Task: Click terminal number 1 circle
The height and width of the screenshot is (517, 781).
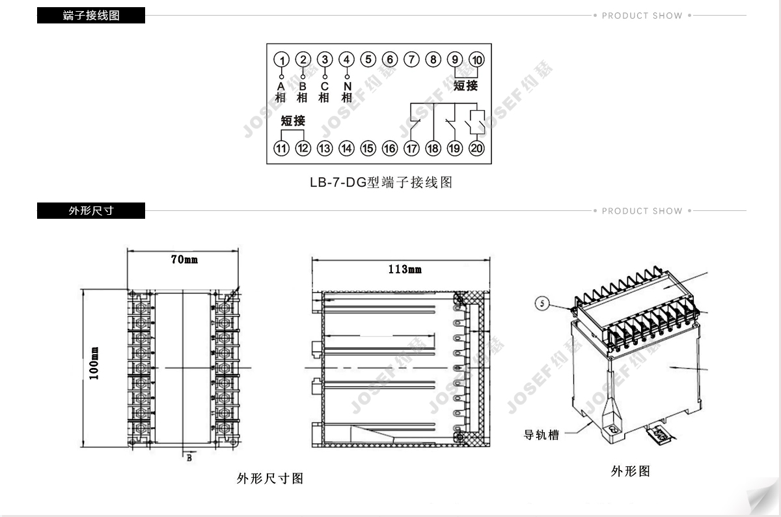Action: (x=282, y=60)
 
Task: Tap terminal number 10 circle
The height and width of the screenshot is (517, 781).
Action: (x=477, y=60)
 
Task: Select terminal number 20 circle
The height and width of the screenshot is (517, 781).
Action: (x=477, y=148)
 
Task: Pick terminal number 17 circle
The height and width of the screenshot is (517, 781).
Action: (x=411, y=148)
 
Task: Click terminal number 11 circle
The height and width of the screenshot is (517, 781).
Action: (x=281, y=148)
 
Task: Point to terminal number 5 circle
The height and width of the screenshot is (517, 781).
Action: (x=368, y=60)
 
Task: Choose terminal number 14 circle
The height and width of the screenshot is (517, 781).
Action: (x=346, y=148)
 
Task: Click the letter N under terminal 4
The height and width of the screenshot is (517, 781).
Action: (x=347, y=86)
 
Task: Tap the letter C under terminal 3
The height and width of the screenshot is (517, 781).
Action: (x=324, y=86)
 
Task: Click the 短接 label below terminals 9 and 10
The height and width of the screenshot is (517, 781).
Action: (x=465, y=85)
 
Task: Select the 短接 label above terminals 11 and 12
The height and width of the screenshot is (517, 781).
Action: (x=293, y=120)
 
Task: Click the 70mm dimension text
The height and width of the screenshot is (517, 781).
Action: (x=184, y=260)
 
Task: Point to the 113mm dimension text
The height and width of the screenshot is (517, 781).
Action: (x=404, y=269)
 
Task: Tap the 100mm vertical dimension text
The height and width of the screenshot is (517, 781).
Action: (x=94, y=364)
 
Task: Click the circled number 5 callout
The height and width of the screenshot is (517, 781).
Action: (x=543, y=303)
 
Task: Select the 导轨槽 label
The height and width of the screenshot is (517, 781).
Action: (x=541, y=434)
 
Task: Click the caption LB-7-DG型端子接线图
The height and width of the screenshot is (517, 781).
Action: (x=381, y=183)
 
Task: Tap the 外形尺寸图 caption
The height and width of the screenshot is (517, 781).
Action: (x=270, y=479)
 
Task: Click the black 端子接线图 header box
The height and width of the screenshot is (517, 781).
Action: (x=91, y=16)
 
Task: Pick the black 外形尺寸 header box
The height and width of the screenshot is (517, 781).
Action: (x=91, y=211)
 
